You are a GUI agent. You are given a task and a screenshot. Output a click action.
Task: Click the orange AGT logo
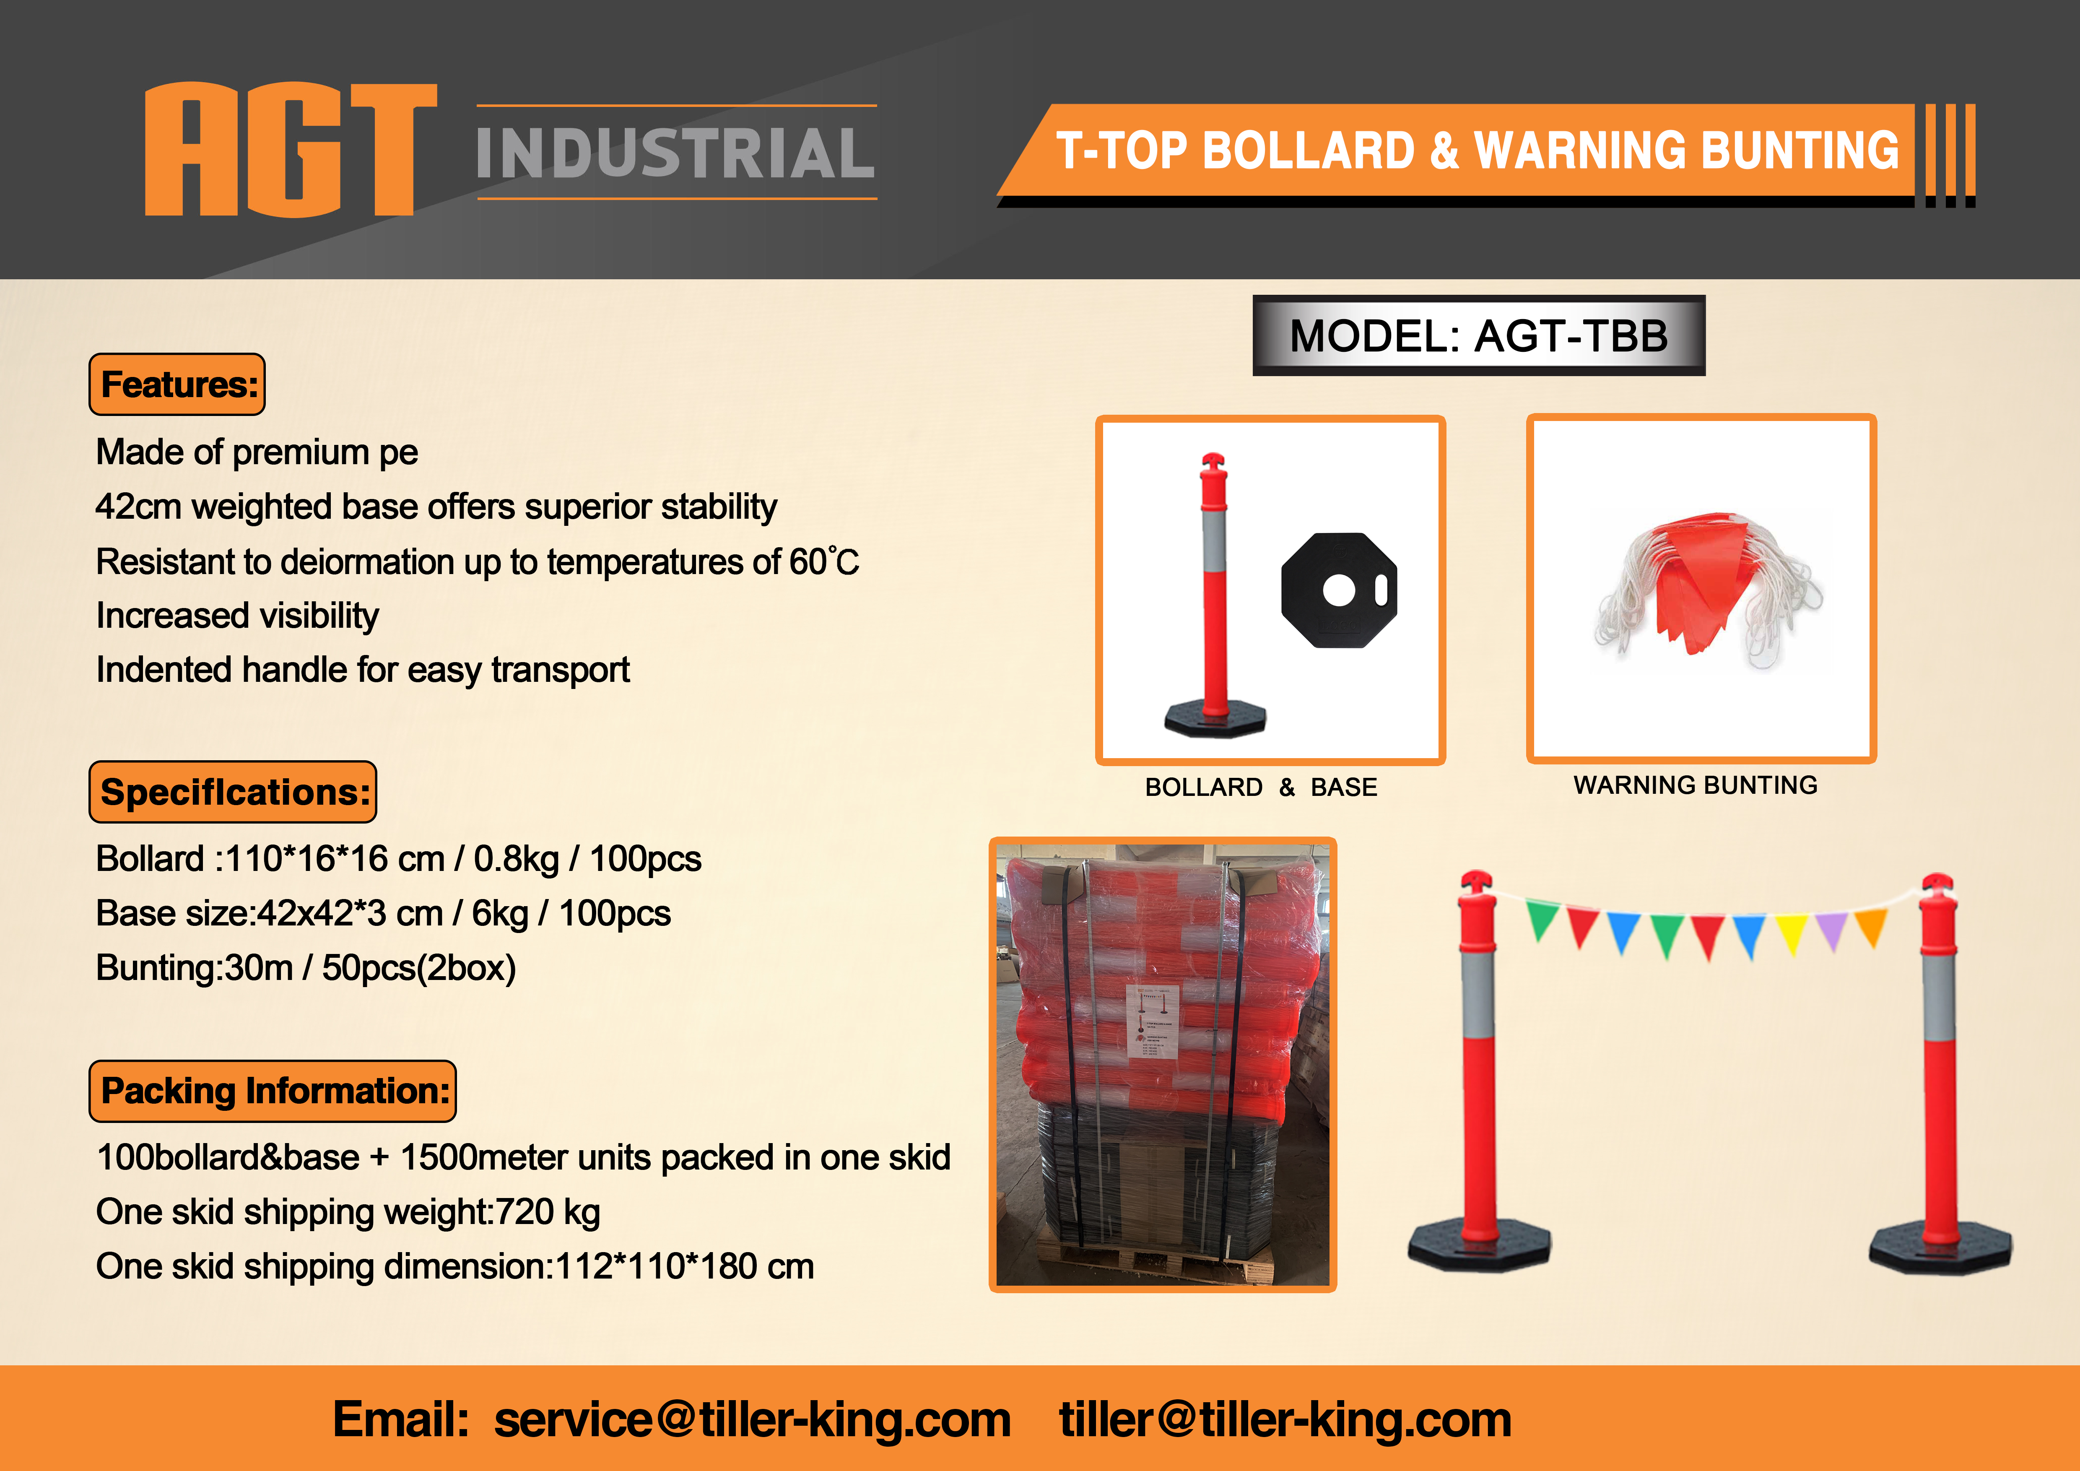click(x=291, y=149)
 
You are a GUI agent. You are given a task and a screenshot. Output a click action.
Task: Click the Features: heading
click(x=178, y=384)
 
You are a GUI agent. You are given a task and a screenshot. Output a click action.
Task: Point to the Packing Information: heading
click(x=273, y=1091)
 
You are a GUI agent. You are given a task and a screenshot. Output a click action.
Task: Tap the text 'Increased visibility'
click(x=237, y=616)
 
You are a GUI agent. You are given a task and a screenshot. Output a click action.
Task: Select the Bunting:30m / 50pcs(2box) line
click(x=306, y=967)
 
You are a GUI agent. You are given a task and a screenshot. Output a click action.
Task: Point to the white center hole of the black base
click(x=1338, y=590)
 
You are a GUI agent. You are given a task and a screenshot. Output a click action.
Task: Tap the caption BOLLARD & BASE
click(x=1261, y=787)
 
